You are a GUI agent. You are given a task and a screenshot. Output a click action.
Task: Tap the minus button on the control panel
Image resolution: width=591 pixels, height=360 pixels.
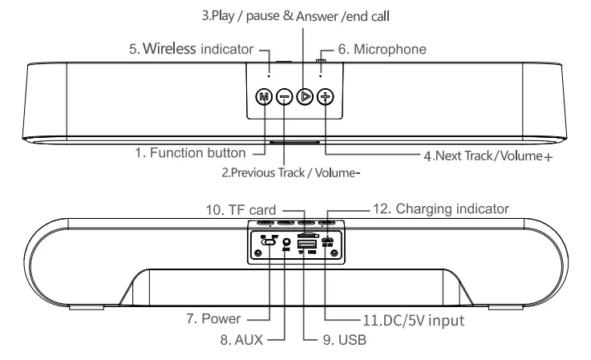tap(284, 97)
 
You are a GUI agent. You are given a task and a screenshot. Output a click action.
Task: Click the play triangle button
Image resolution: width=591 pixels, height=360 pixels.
tap(304, 97)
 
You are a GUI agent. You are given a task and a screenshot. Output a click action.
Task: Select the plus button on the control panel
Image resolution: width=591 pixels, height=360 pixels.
tap(325, 97)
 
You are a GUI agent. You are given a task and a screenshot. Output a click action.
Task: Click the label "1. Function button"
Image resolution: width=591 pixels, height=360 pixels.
tap(197, 151)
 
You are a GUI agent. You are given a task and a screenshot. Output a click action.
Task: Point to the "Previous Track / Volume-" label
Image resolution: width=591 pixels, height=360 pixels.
tap(302, 171)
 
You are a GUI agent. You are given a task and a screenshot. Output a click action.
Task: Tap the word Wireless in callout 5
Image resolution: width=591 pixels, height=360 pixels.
tap(169, 49)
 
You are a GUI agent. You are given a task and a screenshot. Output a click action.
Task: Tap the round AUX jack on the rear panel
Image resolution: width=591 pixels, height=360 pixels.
tap(286, 241)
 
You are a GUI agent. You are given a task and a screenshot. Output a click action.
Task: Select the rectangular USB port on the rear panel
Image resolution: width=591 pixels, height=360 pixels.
tap(304, 243)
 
